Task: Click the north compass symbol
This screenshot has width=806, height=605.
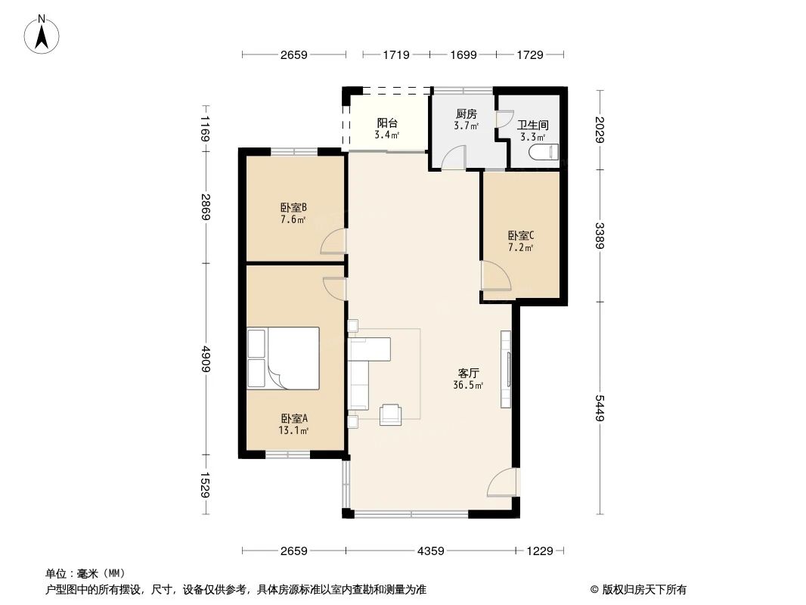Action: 43,34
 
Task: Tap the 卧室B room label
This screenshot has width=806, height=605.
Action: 293,208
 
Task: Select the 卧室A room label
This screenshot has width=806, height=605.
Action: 293,418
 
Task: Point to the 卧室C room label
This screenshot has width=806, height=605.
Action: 521,234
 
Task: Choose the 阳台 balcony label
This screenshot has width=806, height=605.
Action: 387,123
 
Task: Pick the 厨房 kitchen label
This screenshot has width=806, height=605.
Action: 466,113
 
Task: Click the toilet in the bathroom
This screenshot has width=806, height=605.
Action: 543,152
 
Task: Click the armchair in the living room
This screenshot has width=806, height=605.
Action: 392,414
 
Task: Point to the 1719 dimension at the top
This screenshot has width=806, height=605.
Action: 396,54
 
